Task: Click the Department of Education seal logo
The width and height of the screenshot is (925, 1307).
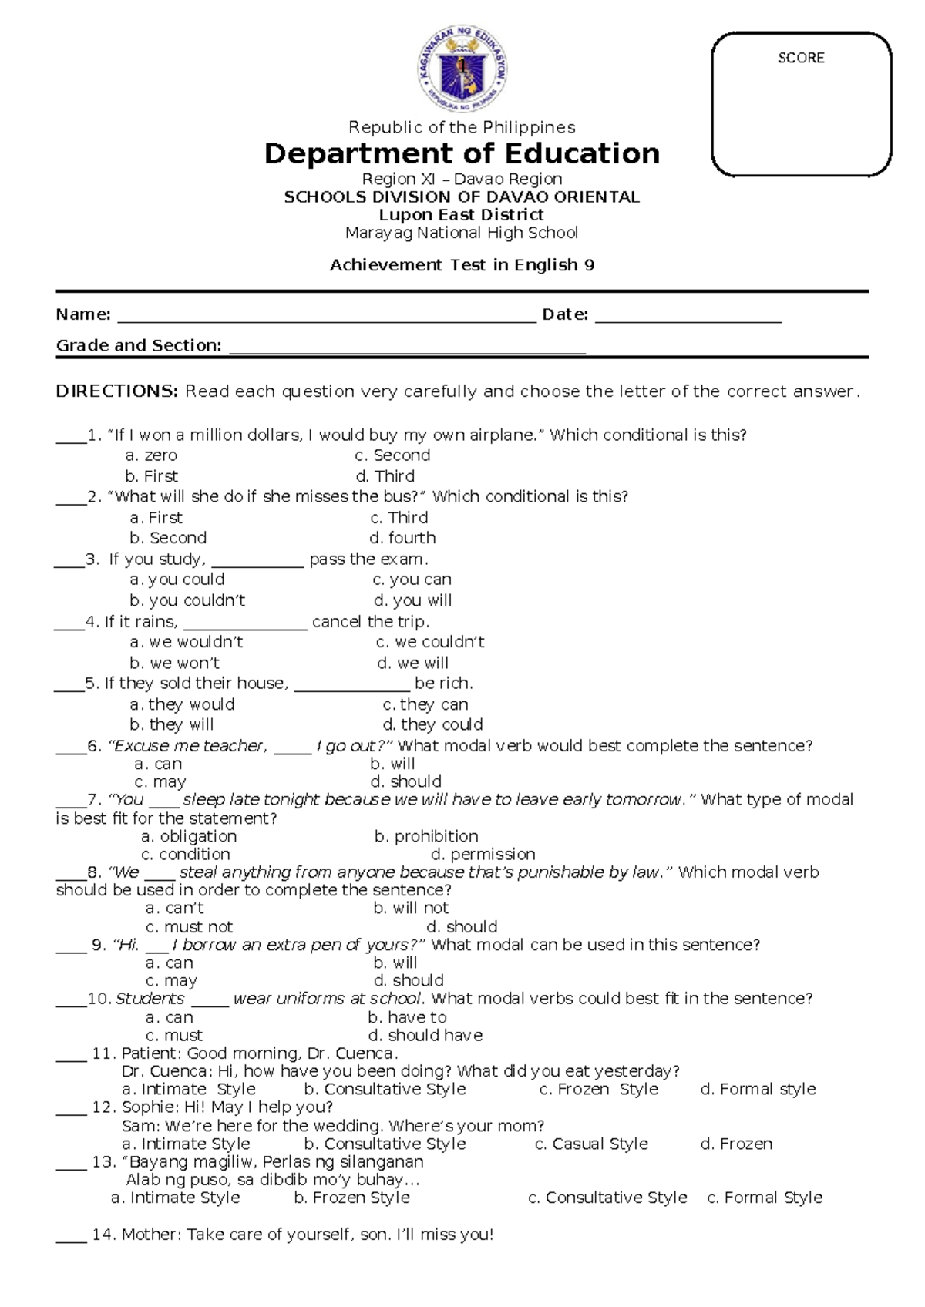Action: pyautogui.click(x=463, y=71)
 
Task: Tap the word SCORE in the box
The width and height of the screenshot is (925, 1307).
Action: pyautogui.click(x=801, y=59)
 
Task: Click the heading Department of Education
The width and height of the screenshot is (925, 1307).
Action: pyautogui.click(x=462, y=154)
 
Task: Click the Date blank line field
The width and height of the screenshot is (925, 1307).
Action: pyautogui.click(x=688, y=316)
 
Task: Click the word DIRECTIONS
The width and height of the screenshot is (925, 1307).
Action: pyautogui.click(x=116, y=391)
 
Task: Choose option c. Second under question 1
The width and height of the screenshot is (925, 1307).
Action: pyautogui.click(x=392, y=455)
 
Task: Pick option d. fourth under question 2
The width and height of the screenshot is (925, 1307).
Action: pyautogui.click(x=402, y=538)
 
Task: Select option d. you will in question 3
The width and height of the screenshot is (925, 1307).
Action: pyautogui.click(x=412, y=600)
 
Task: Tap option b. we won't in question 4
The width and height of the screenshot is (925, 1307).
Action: pyautogui.click(x=174, y=663)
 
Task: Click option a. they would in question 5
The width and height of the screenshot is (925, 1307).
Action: pyautogui.click(x=182, y=704)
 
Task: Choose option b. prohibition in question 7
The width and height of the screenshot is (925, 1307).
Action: pyautogui.click(x=426, y=836)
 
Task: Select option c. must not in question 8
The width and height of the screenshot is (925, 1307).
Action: pyautogui.click(x=189, y=927)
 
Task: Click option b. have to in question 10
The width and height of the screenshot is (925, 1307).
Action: pyautogui.click(x=407, y=1017)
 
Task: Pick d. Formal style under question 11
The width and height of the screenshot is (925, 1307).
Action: pyautogui.click(x=758, y=1089)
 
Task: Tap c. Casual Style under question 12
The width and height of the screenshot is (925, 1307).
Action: pyautogui.click(x=591, y=1144)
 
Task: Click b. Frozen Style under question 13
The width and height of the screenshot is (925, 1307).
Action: pyautogui.click(x=351, y=1198)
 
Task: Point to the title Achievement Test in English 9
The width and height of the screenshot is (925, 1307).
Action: pyautogui.click(x=462, y=265)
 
